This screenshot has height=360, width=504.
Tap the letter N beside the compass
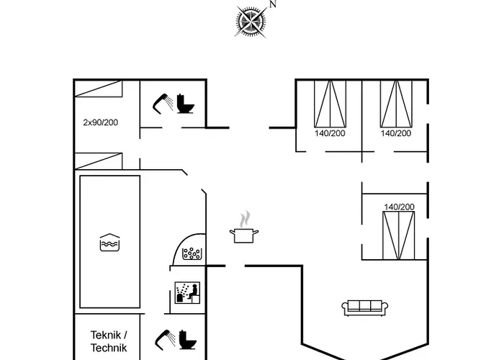click(x=273, y=4)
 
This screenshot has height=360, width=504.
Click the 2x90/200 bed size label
click(x=100, y=122)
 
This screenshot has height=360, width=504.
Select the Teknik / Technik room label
click(x=109, y=335)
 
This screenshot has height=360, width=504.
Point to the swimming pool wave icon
click(x=108, y=243)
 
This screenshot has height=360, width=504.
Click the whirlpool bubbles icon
click(x=193, y=253)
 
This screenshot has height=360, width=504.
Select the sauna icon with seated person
click(x=188, y=292)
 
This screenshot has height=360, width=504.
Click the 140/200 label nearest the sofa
click(x=399, y=207)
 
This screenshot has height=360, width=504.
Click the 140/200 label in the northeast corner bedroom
click(x=396, y=133)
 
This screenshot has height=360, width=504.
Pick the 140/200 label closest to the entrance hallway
click(x=330, y=133)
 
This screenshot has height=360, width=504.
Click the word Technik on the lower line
click(x=109, y=348)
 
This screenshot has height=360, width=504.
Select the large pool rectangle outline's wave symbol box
click(x=108, y=243)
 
